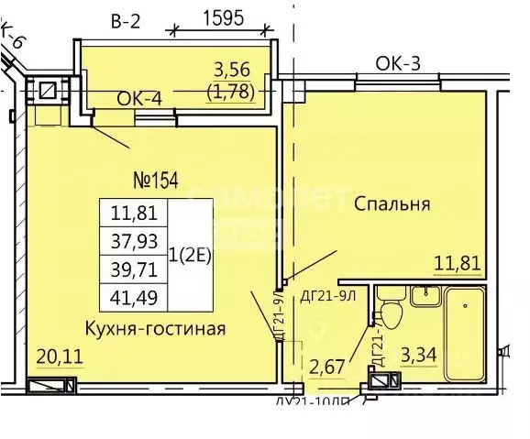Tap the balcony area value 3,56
[232, 70]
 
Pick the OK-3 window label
[398, 63]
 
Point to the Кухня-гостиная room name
[155, 327]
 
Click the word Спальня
[392, 203]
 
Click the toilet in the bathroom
[392, 312]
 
